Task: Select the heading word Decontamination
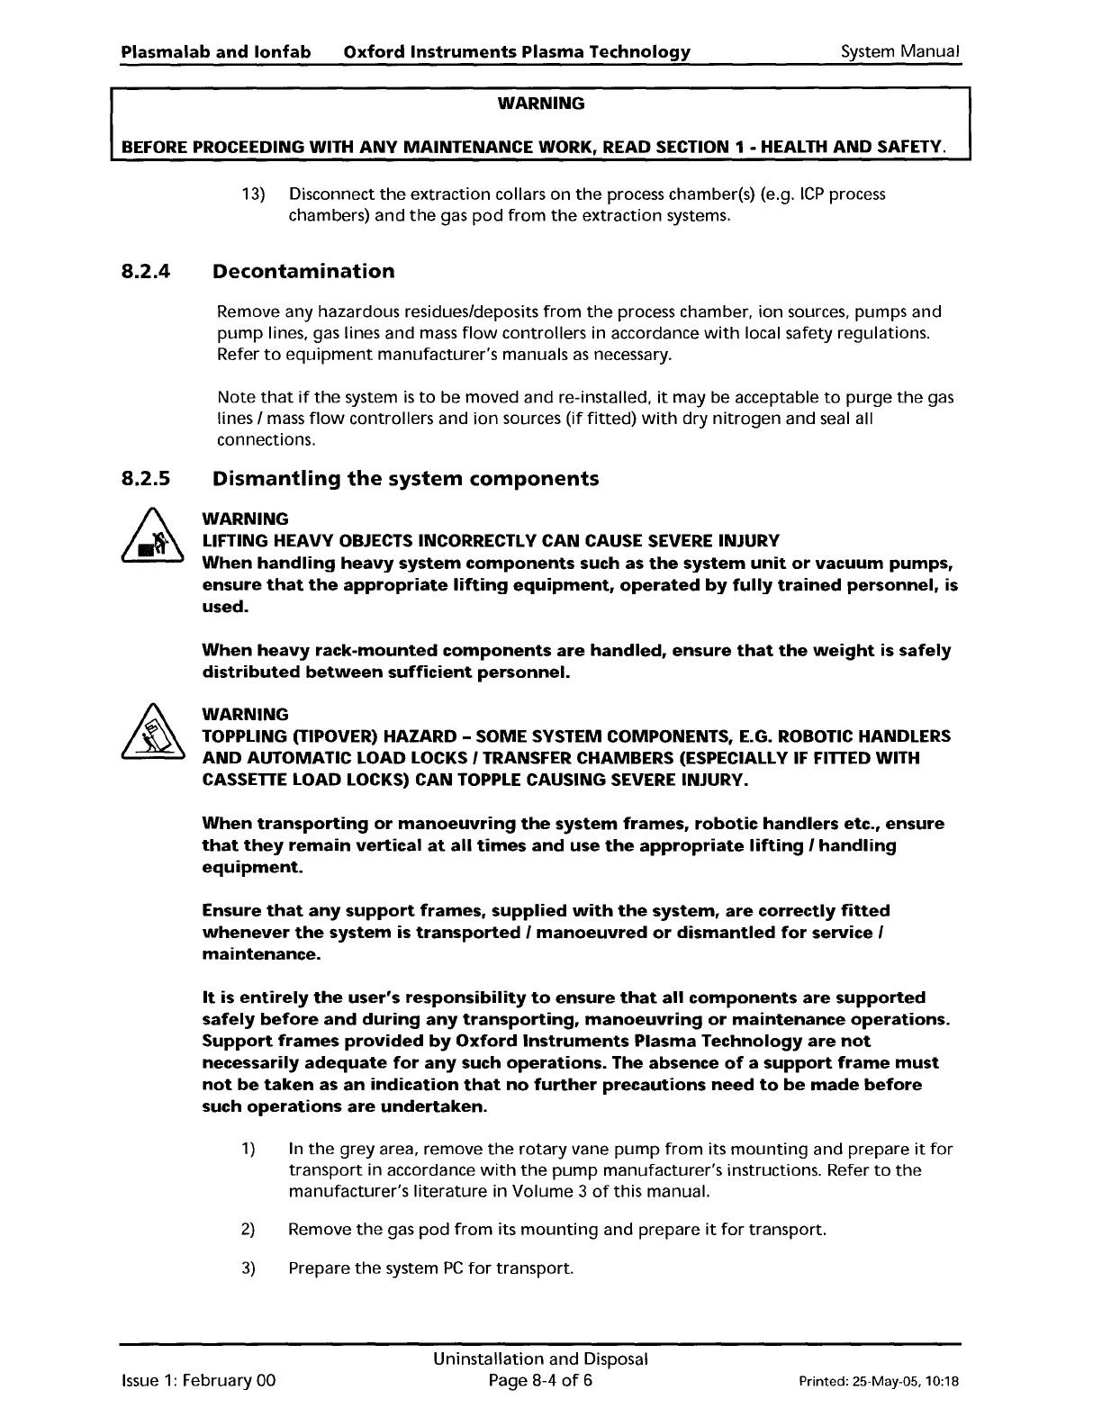point(303,272)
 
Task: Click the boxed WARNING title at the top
point(540,104)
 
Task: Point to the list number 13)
point(253,195)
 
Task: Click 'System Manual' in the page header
point(900,51)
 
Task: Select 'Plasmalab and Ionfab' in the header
point(216,51)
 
